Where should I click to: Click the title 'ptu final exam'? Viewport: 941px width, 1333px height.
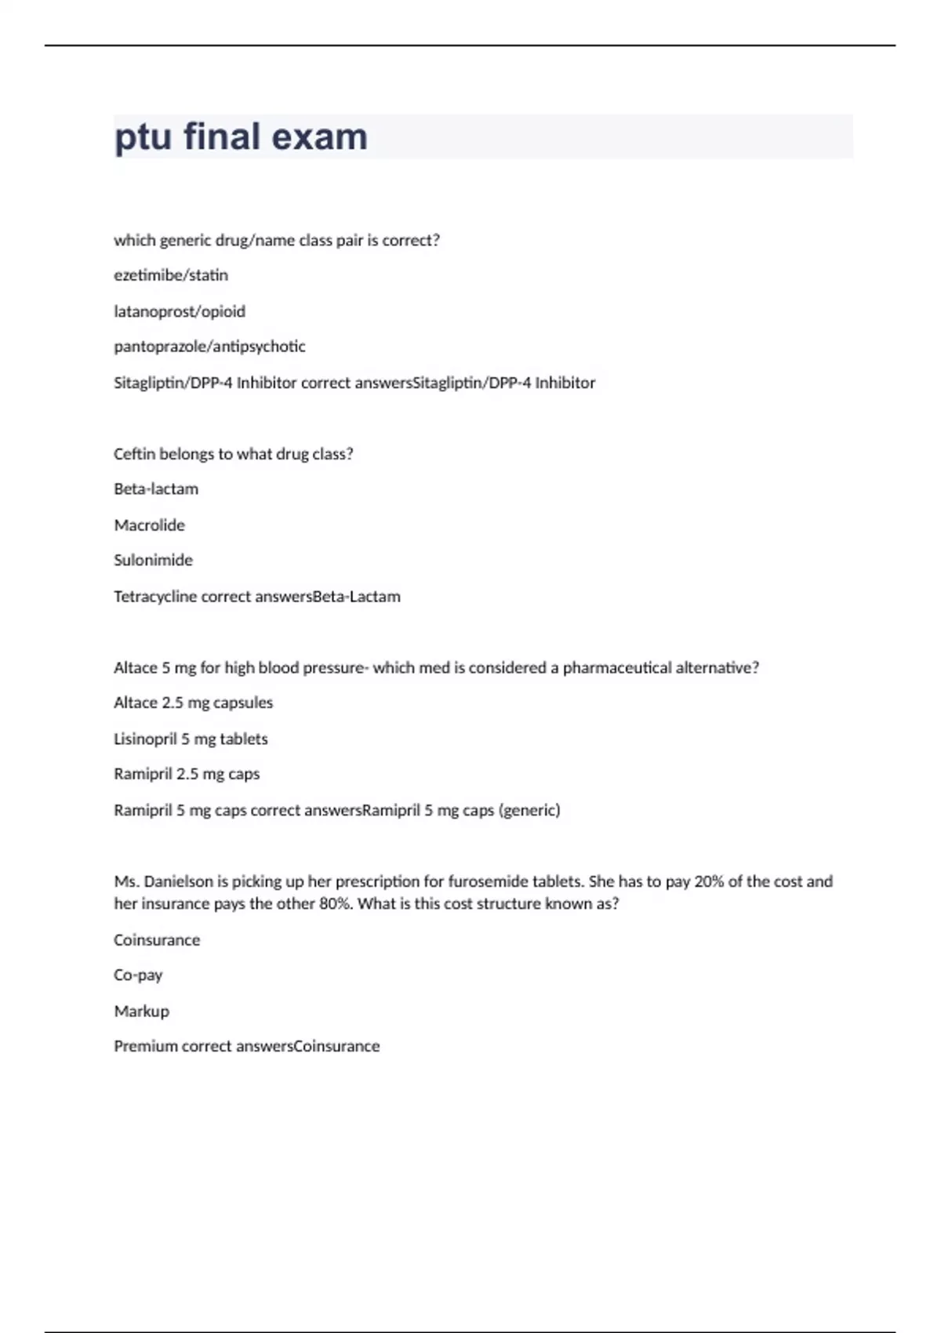click(x=241, y=136)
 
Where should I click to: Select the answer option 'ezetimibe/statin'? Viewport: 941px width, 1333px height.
click(x=171, y=275)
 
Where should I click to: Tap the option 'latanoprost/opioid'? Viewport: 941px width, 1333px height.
click(x=180, y=311)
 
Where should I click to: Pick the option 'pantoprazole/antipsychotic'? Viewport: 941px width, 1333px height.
click(x=209, y=347)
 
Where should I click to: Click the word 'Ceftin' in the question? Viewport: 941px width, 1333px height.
click(x=134, y=454)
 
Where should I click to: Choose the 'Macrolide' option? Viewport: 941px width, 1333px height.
click(x=149, y=525)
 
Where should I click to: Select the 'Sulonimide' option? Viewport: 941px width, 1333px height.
click(x=153, y=561)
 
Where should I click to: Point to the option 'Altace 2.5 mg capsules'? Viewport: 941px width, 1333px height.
click(x=193, y=703)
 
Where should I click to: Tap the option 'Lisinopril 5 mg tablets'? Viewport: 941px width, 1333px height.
click(x=191, y=739)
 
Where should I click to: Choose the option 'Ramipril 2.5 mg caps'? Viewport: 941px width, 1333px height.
click(x=187, y=774)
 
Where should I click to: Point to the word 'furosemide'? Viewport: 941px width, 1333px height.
click(x=488, y=881)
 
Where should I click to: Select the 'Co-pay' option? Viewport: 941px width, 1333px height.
click(x=138, y=975)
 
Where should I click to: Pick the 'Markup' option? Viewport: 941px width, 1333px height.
click(x=141, y=1012)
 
